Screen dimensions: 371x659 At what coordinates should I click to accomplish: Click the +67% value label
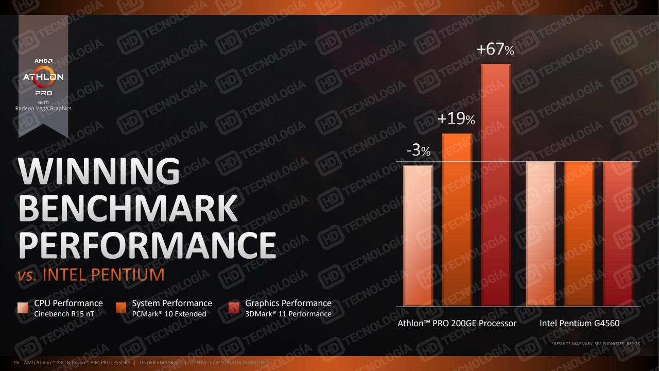[495, 50]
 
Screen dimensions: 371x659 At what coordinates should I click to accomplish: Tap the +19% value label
[456, 120]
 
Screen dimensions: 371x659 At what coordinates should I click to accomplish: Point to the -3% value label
[418, 151]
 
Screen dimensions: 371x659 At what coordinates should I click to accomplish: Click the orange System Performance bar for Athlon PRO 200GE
[457, 220]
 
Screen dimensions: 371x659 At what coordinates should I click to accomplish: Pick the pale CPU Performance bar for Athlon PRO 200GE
[418, 235]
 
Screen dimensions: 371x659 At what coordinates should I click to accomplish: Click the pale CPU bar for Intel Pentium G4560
[541, 234]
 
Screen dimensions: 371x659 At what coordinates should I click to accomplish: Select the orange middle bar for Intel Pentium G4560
[579, 234]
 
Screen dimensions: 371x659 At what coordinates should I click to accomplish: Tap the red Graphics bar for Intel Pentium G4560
[618, 234]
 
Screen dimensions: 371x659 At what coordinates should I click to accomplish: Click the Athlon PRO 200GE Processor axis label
[457, 324]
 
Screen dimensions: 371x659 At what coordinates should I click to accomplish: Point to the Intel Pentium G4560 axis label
[579, 324]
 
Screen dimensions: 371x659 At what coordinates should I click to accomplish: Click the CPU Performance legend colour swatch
[23, 308]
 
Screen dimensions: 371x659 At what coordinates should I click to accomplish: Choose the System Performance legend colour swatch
[122, 308]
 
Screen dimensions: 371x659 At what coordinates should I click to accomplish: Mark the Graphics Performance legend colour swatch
[234, 308]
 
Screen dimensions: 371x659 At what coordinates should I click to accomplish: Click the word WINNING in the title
[99, 172]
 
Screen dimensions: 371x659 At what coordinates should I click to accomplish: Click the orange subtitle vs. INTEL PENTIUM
[91, 275]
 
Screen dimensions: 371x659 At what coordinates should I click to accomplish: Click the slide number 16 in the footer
[16, 363]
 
